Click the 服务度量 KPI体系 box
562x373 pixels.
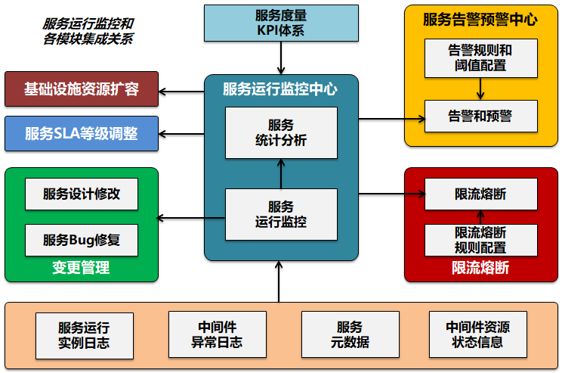[x=281, y=22]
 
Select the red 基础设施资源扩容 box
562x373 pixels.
[x=82, y=90]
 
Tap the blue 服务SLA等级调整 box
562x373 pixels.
[x=82, y=134]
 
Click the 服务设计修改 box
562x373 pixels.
[x=82, y=194]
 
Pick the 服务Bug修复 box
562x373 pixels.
[x=82, y=240]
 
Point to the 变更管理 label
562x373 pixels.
[x=81, y=268]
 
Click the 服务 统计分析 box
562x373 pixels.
[x=281, y=132]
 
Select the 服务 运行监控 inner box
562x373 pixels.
[x=281, y=214]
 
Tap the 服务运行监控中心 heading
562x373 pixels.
[x=280, y=89]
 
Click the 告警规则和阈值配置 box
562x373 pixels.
[x=480, y=58]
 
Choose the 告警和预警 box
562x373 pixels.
[x=480, y=116]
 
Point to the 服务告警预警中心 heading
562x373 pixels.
[x=480, y=20]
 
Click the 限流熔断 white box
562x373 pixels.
[x=480, y=194]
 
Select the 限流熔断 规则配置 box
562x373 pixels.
[x=480, y=240]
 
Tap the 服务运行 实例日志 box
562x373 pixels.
[x=85, y=335]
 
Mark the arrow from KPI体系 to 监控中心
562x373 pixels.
[x=281, y=58]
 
